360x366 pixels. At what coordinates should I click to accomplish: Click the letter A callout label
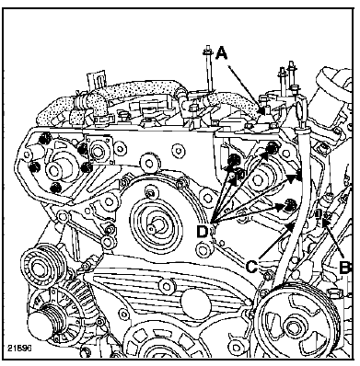[221, 53]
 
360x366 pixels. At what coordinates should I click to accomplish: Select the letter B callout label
[345, 268]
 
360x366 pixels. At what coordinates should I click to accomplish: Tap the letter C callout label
[251, 267]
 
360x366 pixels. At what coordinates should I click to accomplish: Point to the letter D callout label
[202, 231]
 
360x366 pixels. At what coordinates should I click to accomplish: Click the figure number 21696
[20, 349]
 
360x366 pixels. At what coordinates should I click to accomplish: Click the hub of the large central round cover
[153, 228]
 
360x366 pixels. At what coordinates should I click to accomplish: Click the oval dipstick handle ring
[302, 109]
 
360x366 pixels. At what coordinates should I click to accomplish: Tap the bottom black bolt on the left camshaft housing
[55, 188]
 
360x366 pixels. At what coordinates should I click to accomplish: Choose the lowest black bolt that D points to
[289, 204]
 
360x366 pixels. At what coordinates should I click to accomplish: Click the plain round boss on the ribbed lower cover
[194, 302]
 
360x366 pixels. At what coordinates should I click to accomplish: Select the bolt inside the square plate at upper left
[98, 151]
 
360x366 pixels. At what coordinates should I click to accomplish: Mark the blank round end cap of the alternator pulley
[41, 326]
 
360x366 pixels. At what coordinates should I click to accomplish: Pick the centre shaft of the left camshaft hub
[53, 170]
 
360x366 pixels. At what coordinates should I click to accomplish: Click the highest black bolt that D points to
[272, 147]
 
